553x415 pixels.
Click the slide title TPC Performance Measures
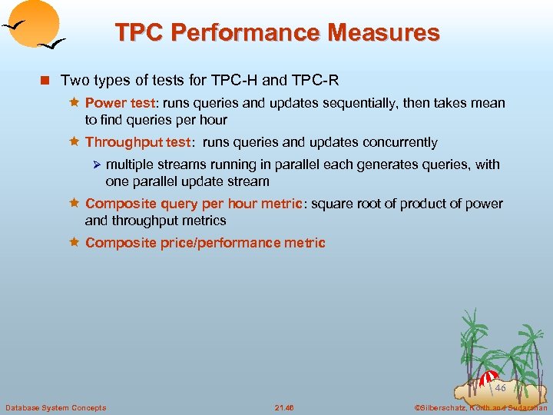[x=277, y=33]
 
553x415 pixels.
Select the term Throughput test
[x=137, y=142]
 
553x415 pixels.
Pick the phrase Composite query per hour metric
[x=194, y=204]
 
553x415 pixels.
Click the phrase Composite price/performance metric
[x=205, y=243]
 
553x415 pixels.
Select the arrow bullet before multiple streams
[x=96, y=164]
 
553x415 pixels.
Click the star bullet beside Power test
[x=75, y=103]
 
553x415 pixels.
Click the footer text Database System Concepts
[x=55, y=407]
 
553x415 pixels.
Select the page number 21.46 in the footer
[x=283, y=407]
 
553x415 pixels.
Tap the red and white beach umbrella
[x=488, y=378]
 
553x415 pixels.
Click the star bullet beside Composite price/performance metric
[x=75, y=243]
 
